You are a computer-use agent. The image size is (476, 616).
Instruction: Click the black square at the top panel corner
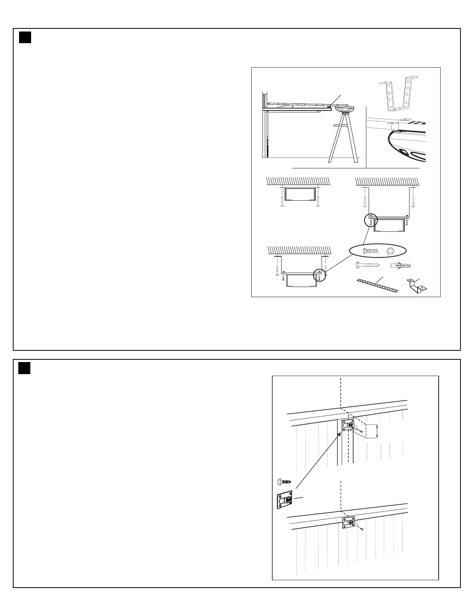pos(25,37)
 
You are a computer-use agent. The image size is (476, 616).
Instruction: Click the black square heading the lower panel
pos(24,368)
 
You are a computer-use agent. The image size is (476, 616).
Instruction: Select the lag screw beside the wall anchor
pos(367,266)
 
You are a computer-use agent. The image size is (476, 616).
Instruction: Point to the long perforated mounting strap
pos(376,286)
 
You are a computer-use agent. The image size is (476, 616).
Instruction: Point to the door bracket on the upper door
pos(347,427)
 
